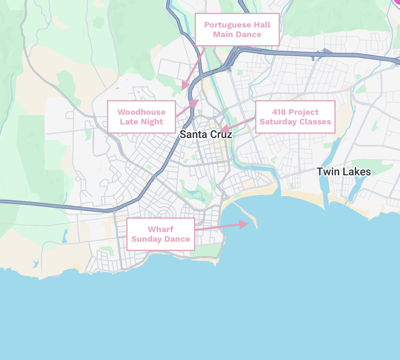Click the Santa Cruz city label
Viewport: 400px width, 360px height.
tap(206, 134)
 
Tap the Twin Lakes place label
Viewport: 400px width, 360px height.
tap(343, 172)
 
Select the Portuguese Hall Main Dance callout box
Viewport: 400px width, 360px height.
tap(237, 30)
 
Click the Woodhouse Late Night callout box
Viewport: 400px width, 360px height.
tap(141, 117)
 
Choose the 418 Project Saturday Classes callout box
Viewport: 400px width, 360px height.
tap(295, 117)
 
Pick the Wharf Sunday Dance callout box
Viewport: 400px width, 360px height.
tap(160, 234)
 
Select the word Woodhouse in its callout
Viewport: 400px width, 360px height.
tap(141, 112)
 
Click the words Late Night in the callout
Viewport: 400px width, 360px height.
tap(141, 122)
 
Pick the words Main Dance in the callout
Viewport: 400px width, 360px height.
tap(237, 35)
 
